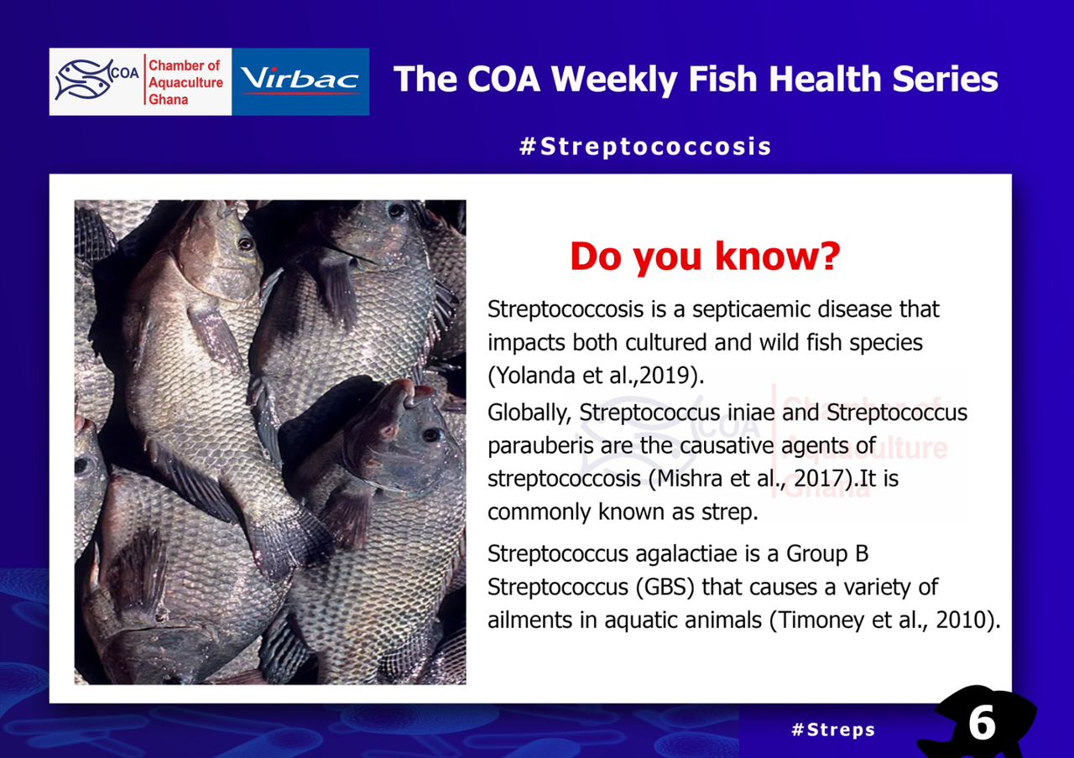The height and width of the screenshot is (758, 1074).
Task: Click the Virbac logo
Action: pyautogui.click(x=300, y=81)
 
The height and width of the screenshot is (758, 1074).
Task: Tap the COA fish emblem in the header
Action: pyautogui.click(x=85, y=80)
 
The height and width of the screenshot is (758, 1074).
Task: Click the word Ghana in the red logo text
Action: pyautogui.click(x=169, y=100)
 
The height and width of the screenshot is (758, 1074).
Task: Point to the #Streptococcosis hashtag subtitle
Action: pyautogui.click(x=645, y=146)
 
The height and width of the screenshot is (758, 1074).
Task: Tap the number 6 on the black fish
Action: pyautogui.click(x=982, y=724)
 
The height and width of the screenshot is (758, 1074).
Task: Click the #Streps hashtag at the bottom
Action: pyautogui.click(x=833, y=729)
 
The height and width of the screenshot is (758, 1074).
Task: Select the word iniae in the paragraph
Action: pyautogui.click(x=752, y=413)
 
